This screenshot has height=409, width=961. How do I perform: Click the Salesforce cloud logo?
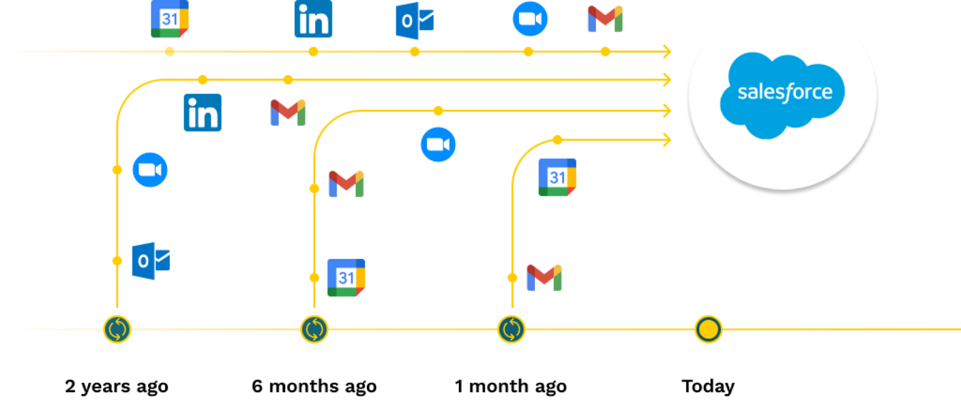(783, 94)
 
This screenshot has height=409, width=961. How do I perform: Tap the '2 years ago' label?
(117, 386)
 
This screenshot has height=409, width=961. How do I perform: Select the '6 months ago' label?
(314, 386)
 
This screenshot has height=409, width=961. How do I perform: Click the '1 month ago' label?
(511, 386)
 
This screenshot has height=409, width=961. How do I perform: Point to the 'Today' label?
(708, 386)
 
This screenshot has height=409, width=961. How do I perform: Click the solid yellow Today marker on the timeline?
(708, 329)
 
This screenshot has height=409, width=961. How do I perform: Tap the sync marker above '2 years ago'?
(117, 329)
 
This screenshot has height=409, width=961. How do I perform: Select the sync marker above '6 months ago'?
(314, 329)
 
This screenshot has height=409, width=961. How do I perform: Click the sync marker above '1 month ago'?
(511, 329)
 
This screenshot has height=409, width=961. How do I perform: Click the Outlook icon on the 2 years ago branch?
(150, 261)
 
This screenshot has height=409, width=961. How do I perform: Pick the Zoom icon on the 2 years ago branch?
(150, 170)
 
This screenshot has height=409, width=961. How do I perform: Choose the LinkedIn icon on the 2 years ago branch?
(202, 112)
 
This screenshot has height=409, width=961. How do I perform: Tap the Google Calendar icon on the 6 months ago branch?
(346, 277)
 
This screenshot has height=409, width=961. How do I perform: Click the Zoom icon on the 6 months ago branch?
(438, 145)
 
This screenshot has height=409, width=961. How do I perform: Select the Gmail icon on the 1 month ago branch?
(544, 277)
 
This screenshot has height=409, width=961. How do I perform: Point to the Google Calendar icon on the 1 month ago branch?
(557, 177)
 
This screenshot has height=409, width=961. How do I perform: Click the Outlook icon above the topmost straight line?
(414, 21)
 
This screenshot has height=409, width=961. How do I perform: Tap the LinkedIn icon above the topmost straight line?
(313, 19)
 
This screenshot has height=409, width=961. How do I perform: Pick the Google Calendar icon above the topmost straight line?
(170, 19)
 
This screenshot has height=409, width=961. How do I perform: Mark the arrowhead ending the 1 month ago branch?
(666, 140)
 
